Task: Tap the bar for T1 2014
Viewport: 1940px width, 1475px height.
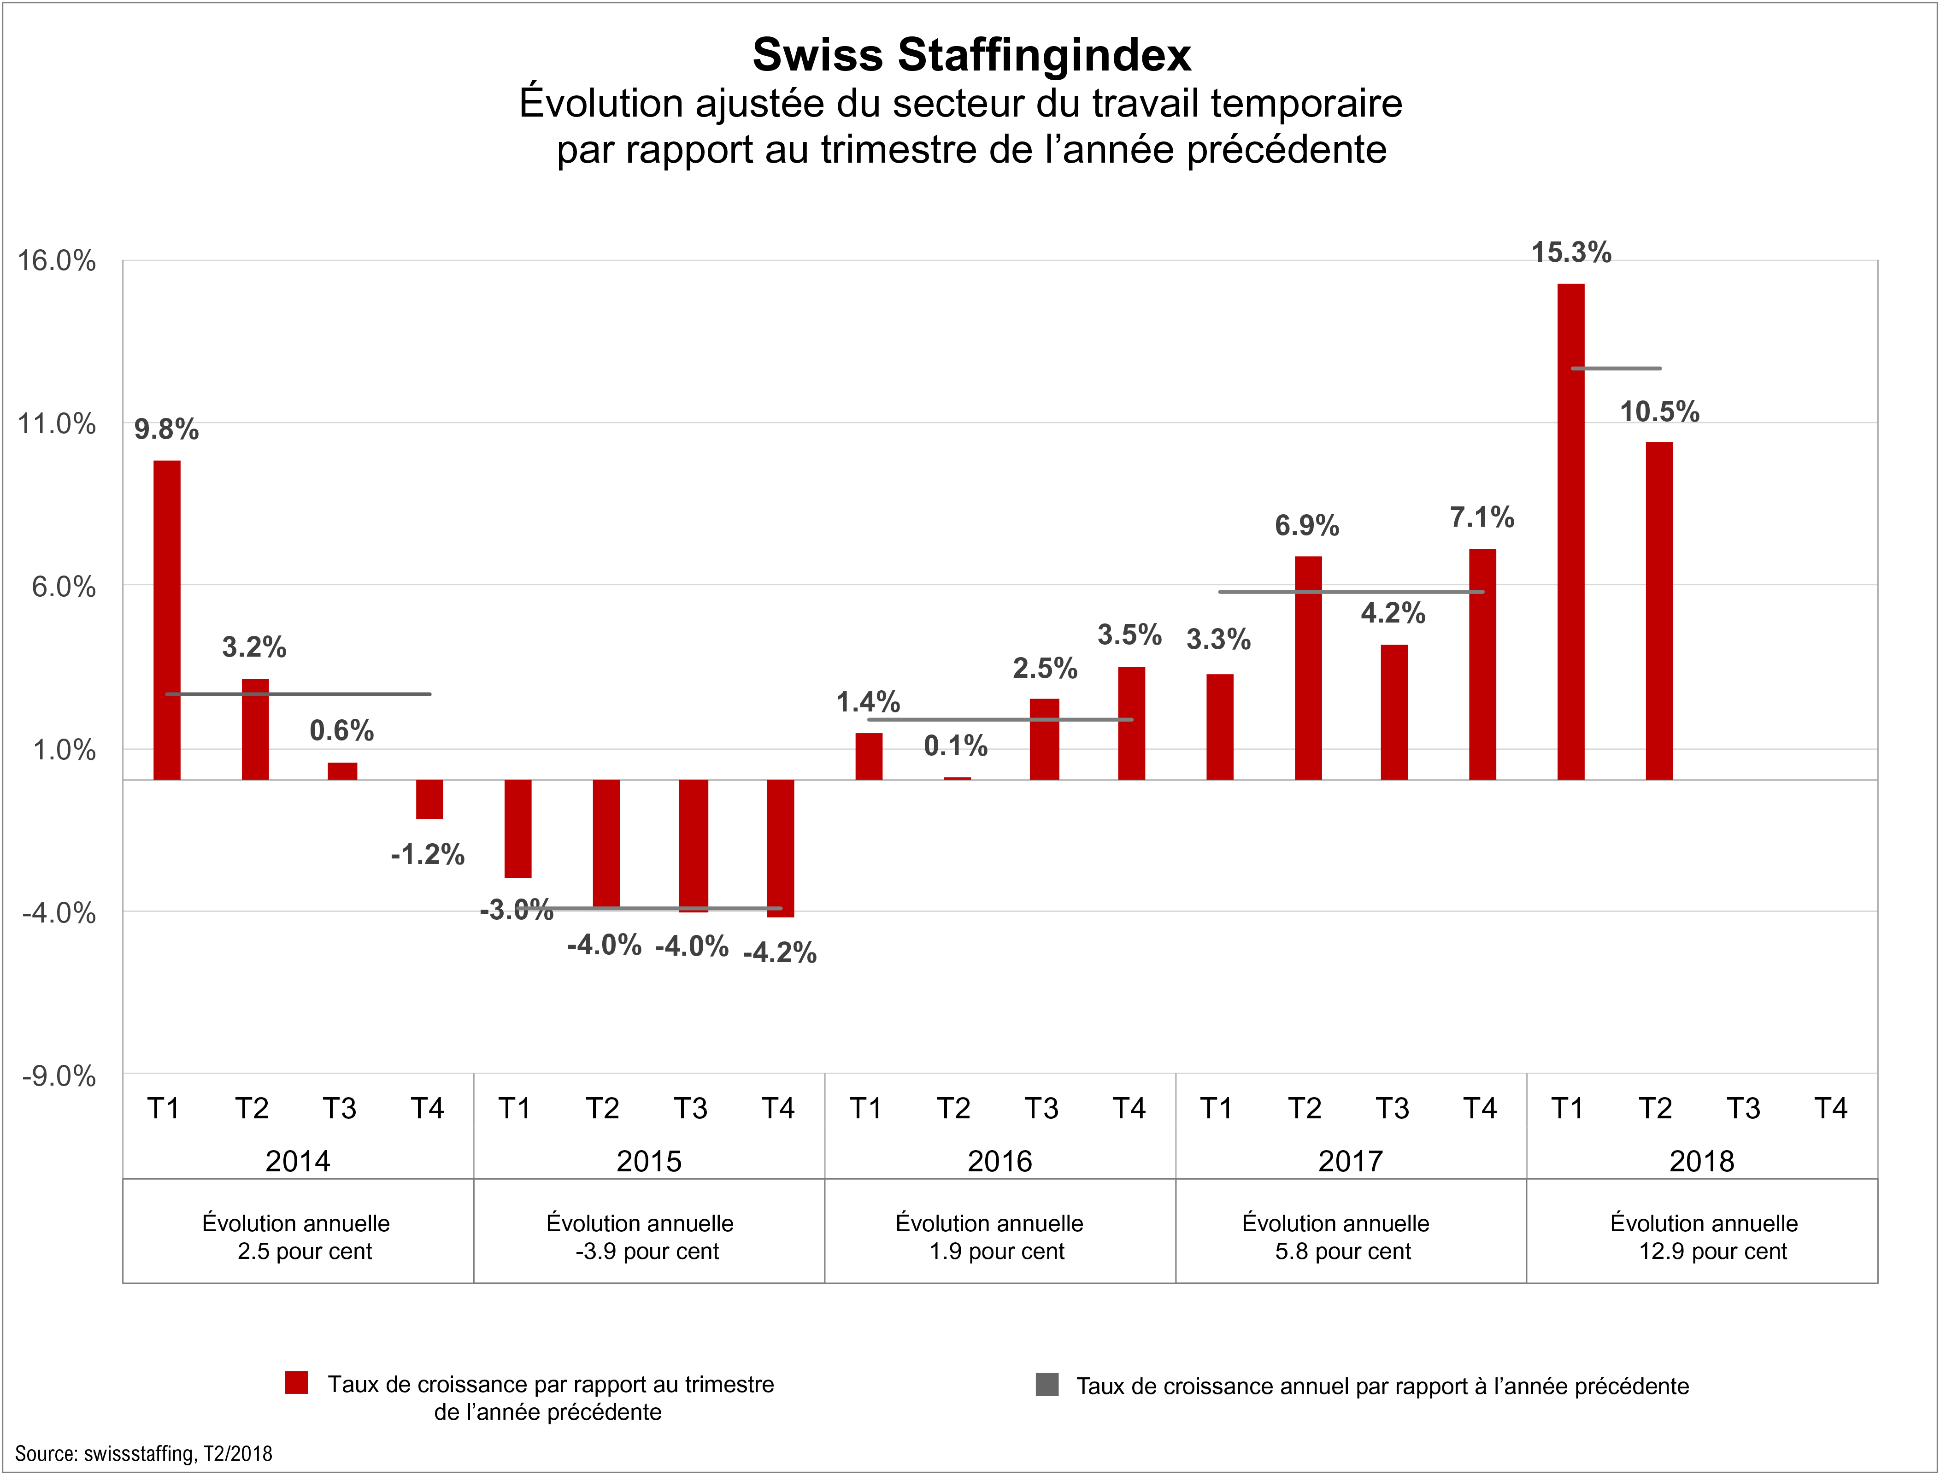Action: [167, 620]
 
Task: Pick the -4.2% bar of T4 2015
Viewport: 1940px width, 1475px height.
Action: [781, 848]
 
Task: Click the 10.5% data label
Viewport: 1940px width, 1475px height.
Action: [1659, 412]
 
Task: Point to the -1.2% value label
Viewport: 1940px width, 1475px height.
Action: [428, 854]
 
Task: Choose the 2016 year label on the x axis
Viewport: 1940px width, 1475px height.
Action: [1000, 1162]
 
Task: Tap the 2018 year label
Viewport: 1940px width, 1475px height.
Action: [1701, 1162]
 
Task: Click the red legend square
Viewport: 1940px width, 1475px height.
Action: [297, 1383]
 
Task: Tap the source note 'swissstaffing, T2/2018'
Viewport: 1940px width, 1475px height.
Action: [143, 1453]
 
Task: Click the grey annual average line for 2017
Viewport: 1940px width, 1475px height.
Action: [1352, 592]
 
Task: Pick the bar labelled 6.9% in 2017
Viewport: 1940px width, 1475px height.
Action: [1308, 667]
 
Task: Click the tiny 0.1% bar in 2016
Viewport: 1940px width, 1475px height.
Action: [957, 778]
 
